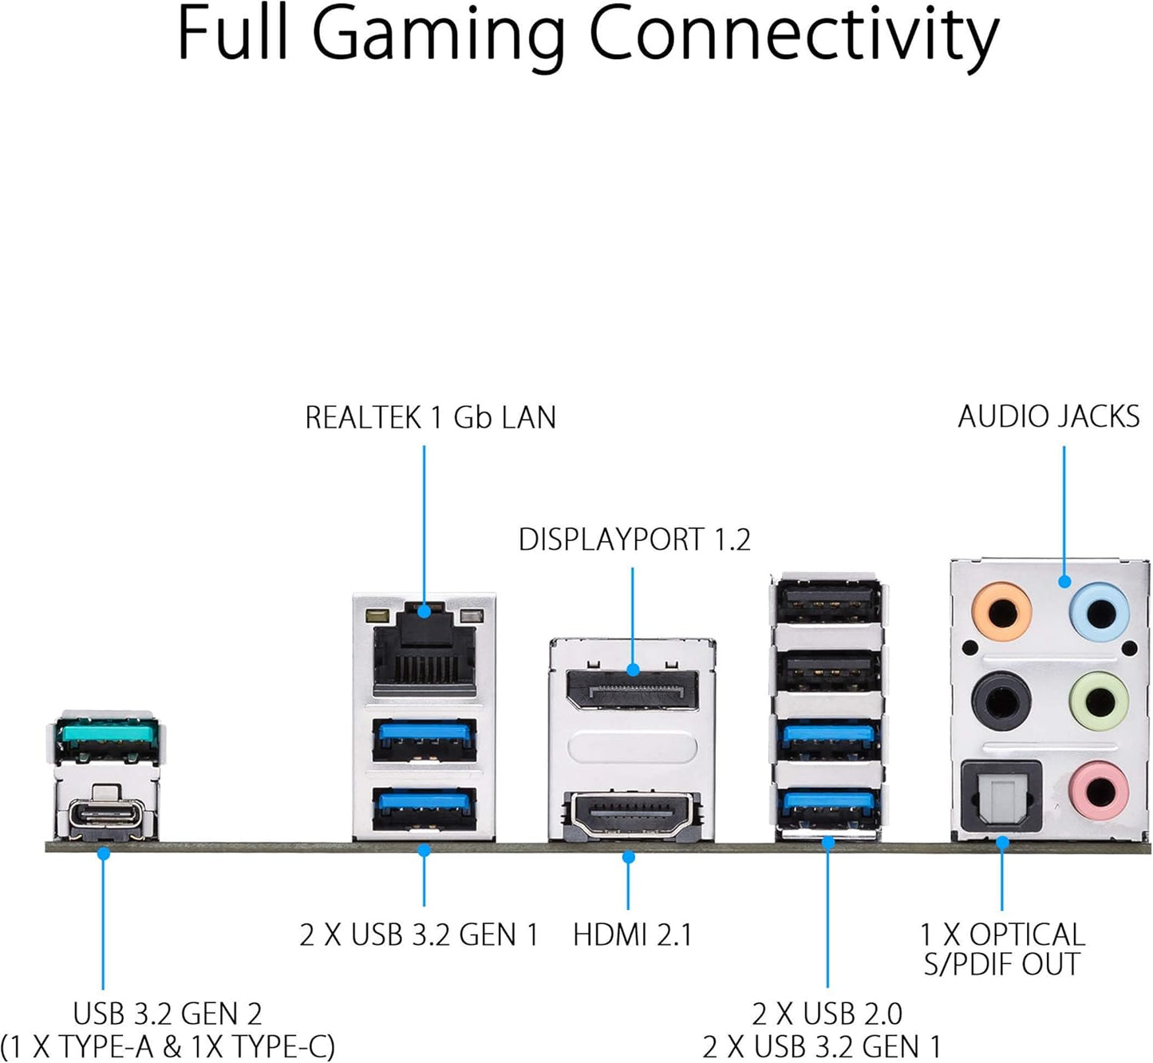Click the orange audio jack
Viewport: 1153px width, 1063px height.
click(1001, 613)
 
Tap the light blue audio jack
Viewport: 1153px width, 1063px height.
click(1100, 613)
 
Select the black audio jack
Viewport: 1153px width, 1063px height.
click(1001, 702)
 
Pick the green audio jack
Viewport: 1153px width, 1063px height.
click(1100, 702)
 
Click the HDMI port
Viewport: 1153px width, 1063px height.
click(631, 816)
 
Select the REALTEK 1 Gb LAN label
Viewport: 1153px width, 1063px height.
click(430, 417)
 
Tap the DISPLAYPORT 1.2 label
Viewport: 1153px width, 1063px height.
click(634, 540)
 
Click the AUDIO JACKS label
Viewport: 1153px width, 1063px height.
click(1048, 417)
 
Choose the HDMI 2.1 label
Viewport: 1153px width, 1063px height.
click(632, 935)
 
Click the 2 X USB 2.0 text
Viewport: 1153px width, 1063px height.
click(827, 1014)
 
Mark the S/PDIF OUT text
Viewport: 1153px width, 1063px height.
click(1001, 964)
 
